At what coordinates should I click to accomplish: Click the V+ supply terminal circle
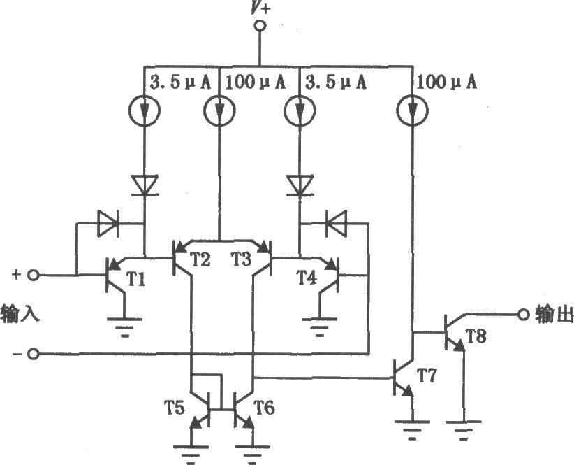click(260, 26)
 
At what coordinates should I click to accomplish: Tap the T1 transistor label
click(135, 280)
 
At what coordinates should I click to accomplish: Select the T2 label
click(200, 259)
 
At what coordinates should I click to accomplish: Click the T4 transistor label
click(307, 278)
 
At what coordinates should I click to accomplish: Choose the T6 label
click(264, 408)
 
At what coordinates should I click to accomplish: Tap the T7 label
click(427, 375)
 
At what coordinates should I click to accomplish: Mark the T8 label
click(476, 336)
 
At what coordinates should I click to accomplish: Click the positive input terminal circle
click(34, 275)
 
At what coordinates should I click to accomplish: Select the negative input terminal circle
click(34, 355)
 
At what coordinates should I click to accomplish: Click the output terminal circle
click(524, 315)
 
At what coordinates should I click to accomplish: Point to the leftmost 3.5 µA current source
click(145, 110)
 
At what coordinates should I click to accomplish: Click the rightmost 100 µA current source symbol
click(413, 110)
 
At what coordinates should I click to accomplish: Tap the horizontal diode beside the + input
click(108, 223)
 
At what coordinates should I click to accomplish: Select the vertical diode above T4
click(300, 185)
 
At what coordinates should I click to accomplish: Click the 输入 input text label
click(20, 315)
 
